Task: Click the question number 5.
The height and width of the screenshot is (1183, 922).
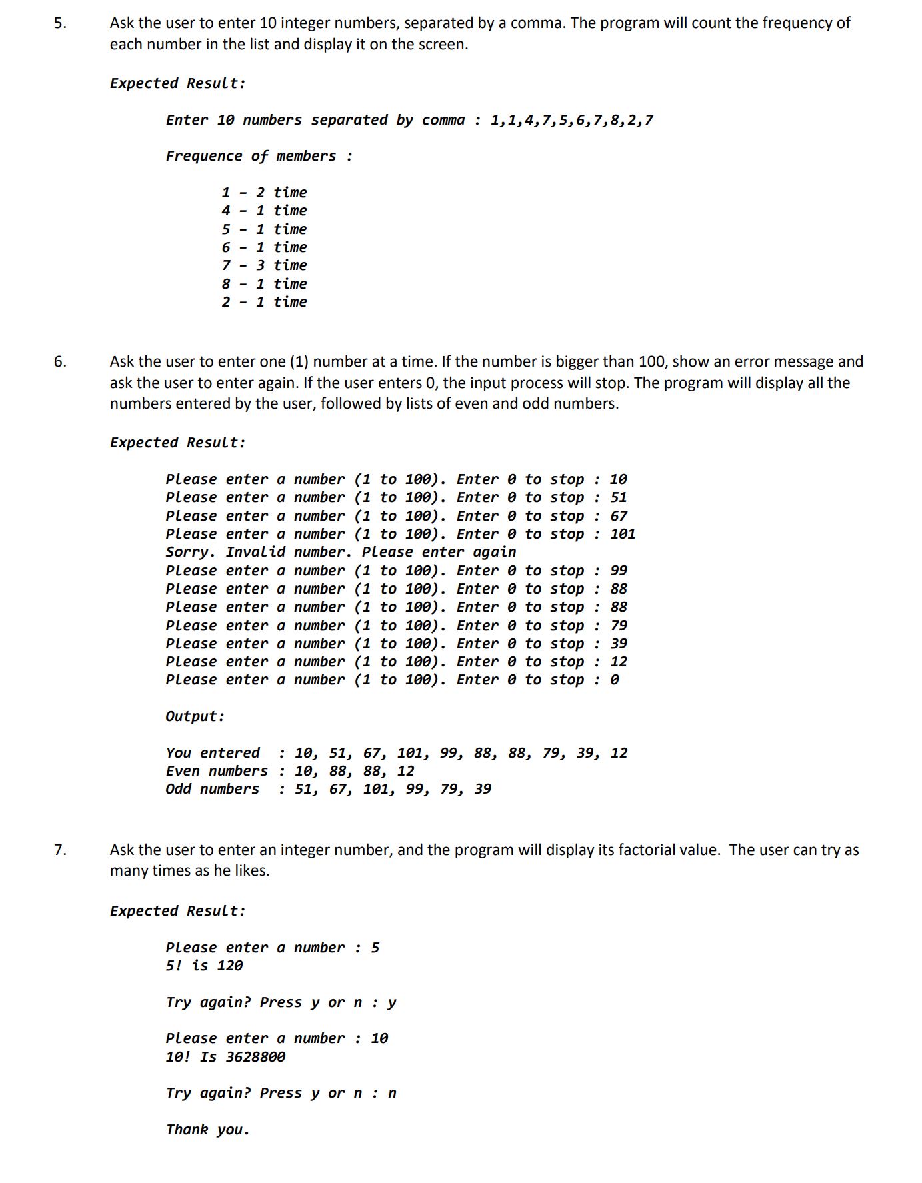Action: tap(60, 23)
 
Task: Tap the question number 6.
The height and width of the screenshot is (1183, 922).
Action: tap(60, 362)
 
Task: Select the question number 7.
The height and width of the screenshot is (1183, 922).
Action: tap(60, 850)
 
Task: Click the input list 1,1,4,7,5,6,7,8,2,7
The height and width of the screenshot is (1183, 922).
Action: tap(571, 121)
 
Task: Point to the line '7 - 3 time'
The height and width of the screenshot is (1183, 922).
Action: tap(264, 265)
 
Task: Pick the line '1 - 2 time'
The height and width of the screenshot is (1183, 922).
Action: tap(264, 193)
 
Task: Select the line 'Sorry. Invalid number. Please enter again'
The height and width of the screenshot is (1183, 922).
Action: tap(341, 552)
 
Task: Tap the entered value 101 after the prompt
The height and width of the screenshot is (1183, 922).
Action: tap(623, 534)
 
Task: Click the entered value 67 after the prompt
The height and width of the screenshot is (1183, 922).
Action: tap(619, 516)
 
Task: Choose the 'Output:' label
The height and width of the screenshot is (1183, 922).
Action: tap(195, 716)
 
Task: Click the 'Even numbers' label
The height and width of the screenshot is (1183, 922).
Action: tap(217, 771)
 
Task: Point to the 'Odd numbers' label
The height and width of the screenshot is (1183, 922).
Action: tap(212, 789)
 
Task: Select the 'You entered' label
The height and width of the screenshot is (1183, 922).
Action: tap(213, 753)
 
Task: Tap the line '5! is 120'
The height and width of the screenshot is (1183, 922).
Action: tap(204, 966)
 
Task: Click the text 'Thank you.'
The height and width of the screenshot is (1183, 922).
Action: tap(207, 1130)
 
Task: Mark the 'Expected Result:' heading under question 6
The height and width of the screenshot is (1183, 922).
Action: tap(177, 443)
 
